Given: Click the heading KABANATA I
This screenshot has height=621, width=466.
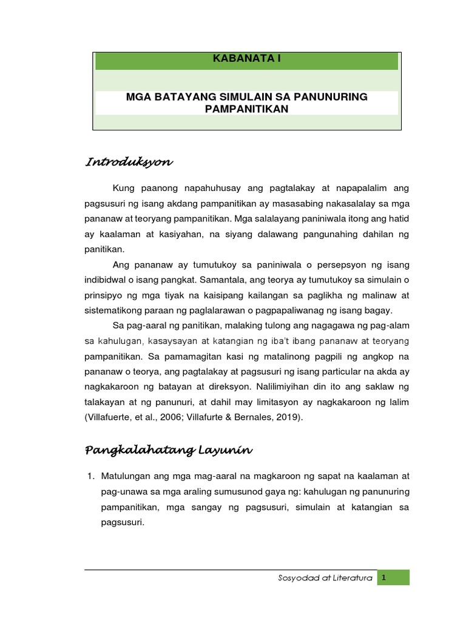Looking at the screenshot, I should (x=246, y=59).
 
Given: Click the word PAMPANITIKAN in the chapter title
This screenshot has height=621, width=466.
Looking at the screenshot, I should (x=246, y=109).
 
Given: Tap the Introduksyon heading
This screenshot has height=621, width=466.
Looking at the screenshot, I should (x=129, y=162).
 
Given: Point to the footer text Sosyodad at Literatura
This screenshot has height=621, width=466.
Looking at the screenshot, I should (x=321, y=579).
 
